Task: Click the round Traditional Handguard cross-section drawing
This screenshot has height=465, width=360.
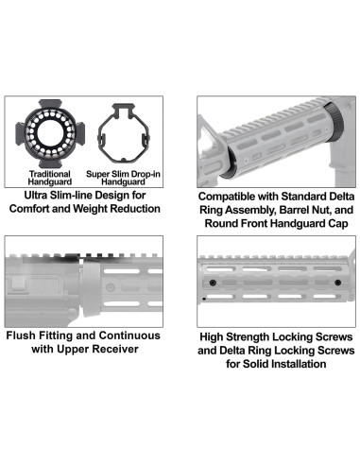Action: coord(46,132)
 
